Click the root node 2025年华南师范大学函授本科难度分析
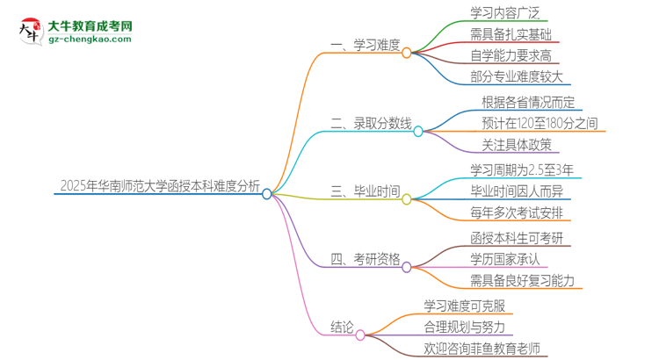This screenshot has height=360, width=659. [159, 185]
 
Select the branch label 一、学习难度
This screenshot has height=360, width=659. [364, 44]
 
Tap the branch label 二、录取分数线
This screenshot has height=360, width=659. [370, 123]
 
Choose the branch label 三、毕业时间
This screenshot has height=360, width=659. [364, 191]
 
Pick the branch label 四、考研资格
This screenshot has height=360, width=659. [364, 258]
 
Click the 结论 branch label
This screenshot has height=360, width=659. [344, 327]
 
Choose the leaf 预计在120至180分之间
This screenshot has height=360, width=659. [540, 124]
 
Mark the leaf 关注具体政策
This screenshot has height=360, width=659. [517, 145]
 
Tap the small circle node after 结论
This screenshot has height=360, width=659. [360, 334]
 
